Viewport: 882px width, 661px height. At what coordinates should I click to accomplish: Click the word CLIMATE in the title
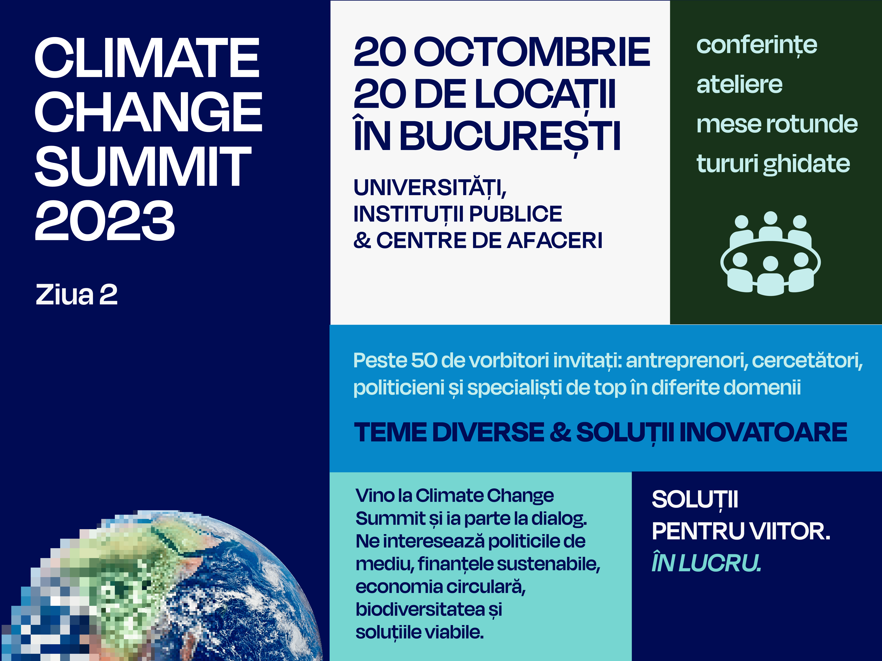coord(147,58)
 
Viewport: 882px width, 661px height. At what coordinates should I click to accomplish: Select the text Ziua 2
coord(77,295)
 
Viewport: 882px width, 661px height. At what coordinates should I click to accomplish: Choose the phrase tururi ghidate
coord(773,164)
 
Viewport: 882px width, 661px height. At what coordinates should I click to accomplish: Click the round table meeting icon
coord(770,254)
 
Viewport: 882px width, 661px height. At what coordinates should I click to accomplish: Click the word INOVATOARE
coord(763,432)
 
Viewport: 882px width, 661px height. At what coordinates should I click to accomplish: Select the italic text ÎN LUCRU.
coord(706,563)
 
